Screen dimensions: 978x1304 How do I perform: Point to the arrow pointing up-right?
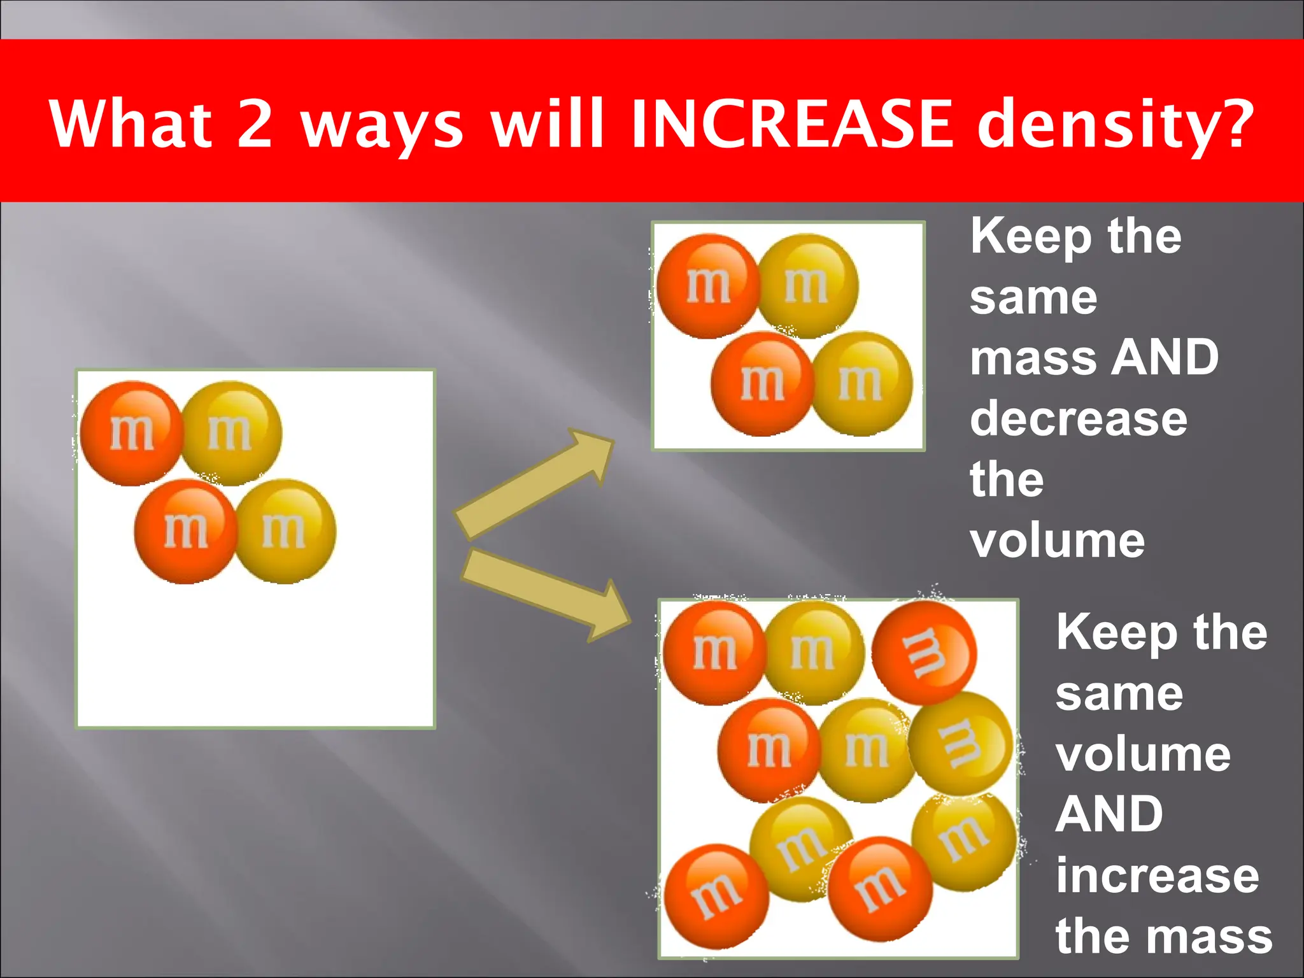tap(535, 484)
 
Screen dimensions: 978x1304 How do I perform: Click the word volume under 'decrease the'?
tap(1058, 541)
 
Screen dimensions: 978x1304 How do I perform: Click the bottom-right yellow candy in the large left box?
tap(285, 531)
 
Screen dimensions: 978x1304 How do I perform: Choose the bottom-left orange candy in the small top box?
tap(762, 384)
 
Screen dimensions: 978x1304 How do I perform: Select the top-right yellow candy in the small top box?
tap(807, 286)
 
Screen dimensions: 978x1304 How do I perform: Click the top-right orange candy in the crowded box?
tap(923, 653)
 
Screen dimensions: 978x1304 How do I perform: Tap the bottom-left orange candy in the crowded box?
tap(716, 896)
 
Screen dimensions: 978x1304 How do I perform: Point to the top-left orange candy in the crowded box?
tap(714, 653)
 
